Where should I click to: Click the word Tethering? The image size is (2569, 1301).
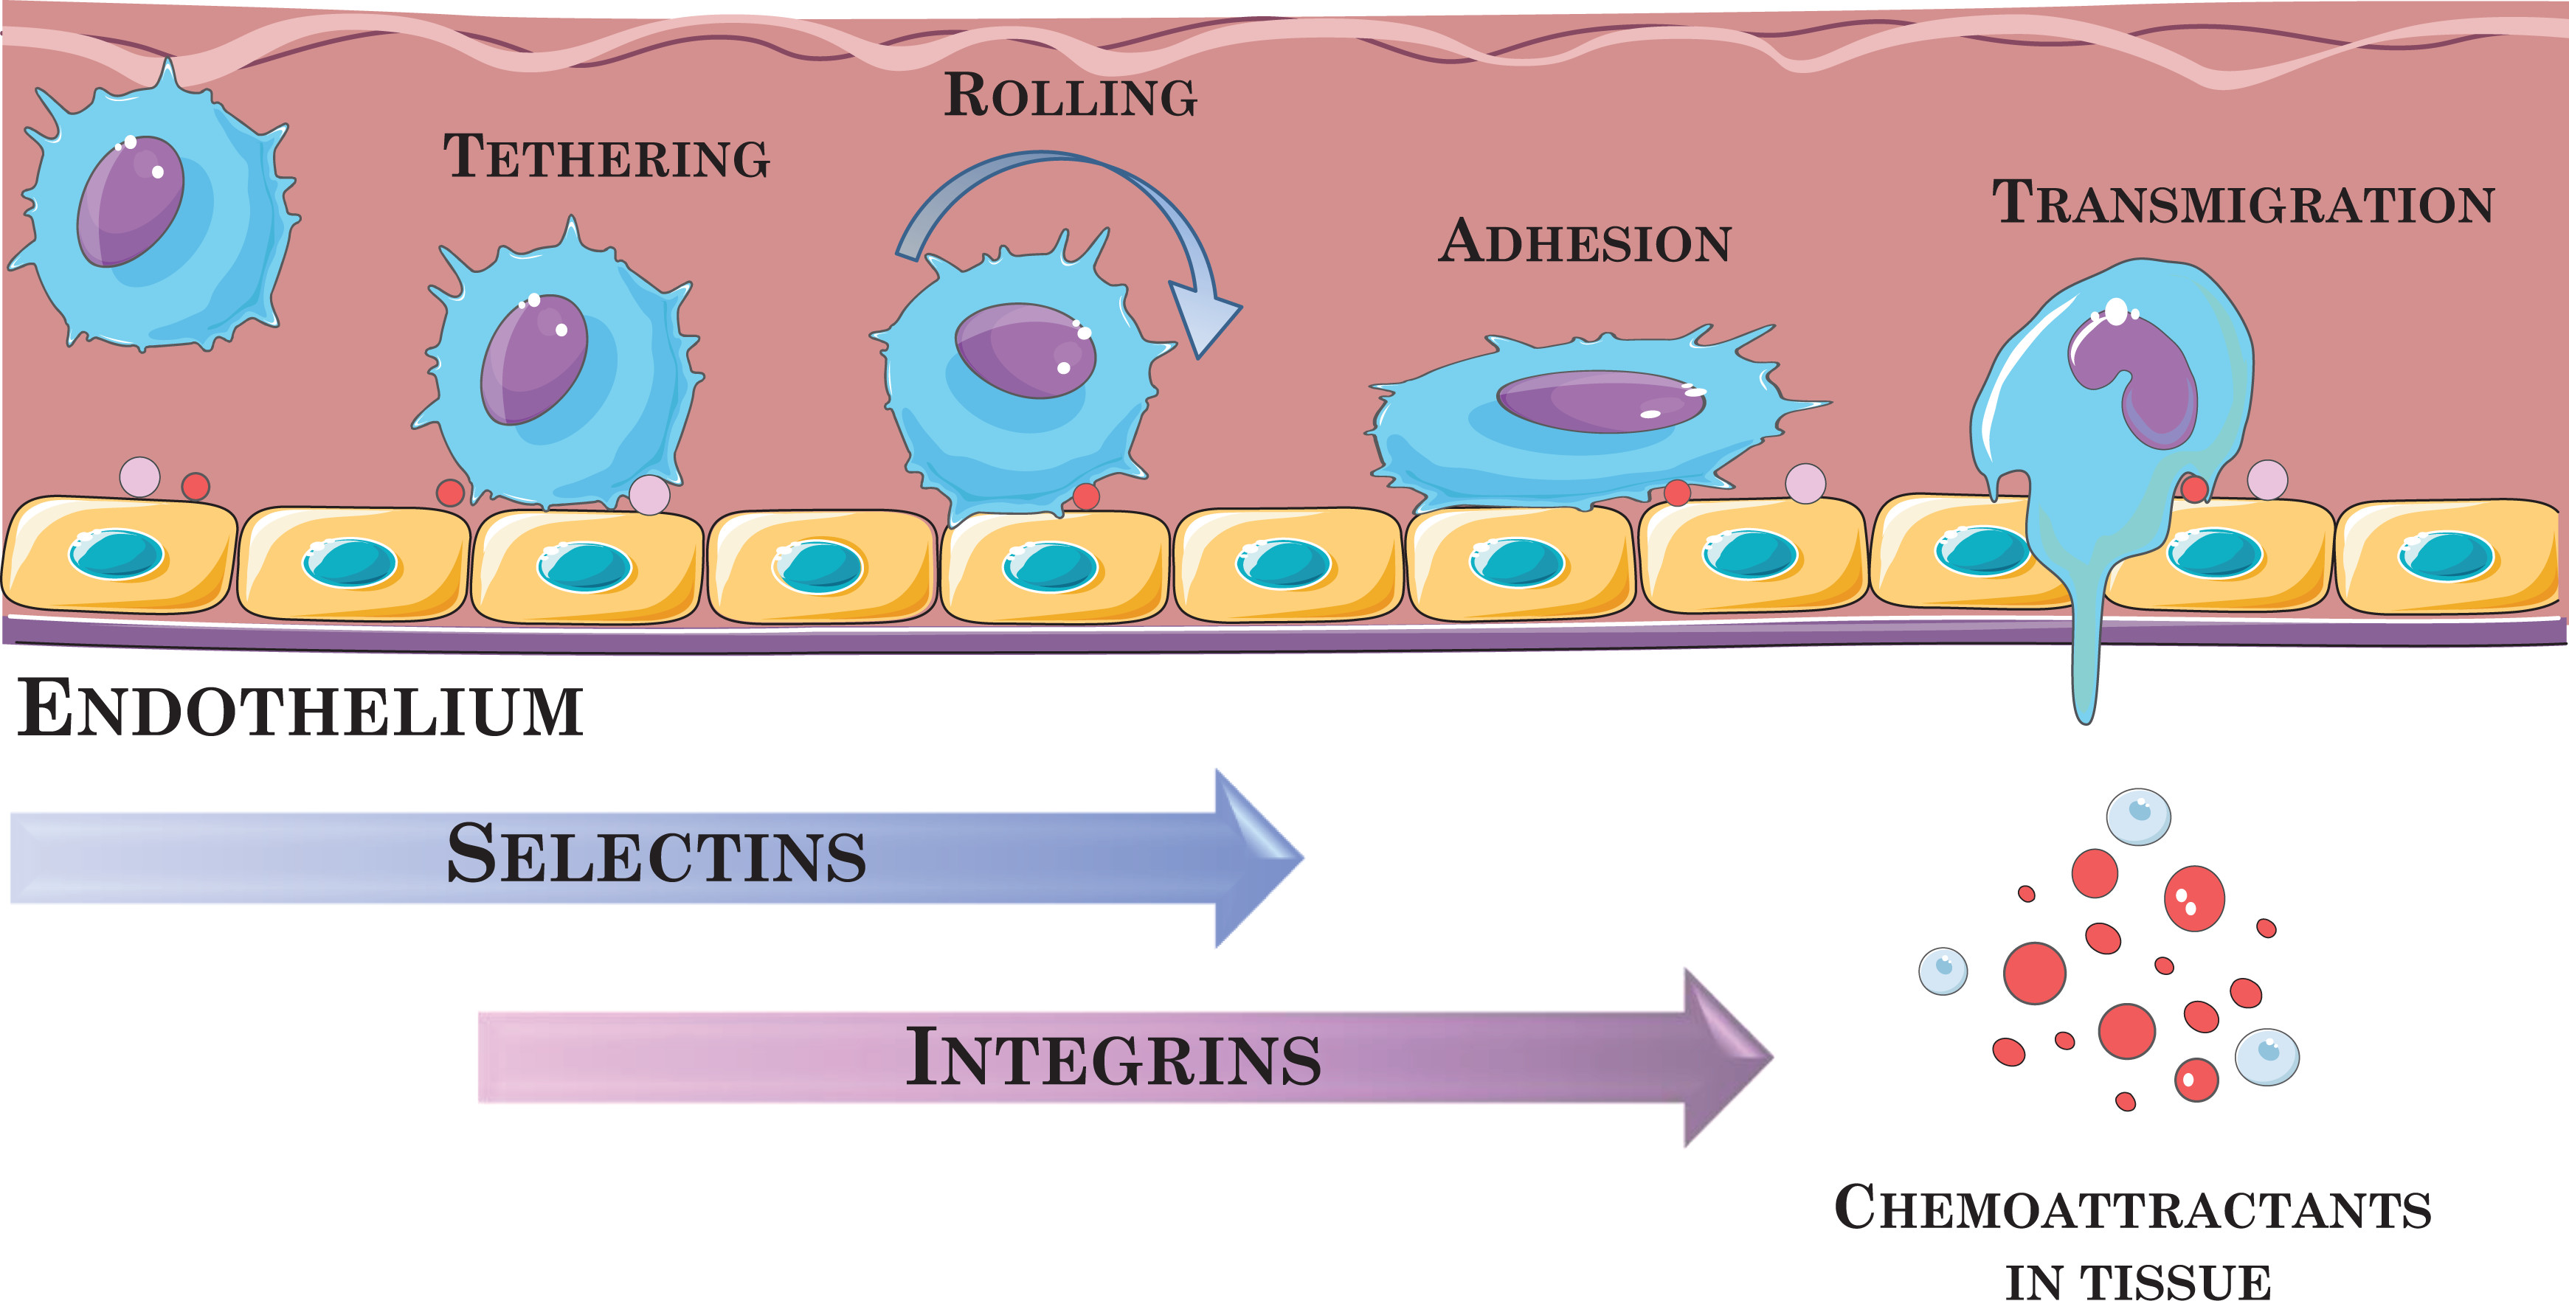point(606,158)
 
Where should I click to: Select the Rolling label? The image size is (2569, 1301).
point(1070,97)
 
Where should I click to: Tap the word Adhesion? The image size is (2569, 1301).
point(1585,242)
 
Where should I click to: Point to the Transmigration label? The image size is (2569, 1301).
point(2243,204)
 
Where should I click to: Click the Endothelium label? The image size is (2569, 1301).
point(300,710)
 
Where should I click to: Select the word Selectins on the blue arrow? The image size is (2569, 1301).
point(656,856)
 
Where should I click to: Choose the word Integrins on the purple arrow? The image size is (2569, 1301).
point(1113,1058)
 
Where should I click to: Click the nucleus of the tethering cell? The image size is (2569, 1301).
point(535,359)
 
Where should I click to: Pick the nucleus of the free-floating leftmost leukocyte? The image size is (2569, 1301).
point(131,201)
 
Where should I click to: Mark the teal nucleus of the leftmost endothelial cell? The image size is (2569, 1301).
point(117,555)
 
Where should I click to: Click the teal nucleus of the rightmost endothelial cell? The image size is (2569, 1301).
point(2445,555)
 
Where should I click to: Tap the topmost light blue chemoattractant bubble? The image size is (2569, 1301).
point(2138,816)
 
